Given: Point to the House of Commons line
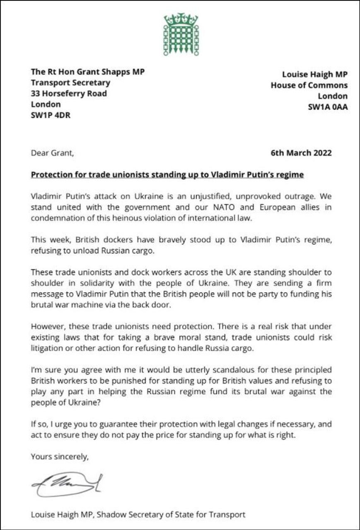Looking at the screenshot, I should point(309,85).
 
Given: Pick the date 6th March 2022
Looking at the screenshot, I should point(301,153).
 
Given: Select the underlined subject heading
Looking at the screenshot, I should point(167,175).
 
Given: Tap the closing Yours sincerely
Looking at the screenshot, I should point(60,457).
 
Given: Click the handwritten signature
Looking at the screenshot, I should point(66,484).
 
